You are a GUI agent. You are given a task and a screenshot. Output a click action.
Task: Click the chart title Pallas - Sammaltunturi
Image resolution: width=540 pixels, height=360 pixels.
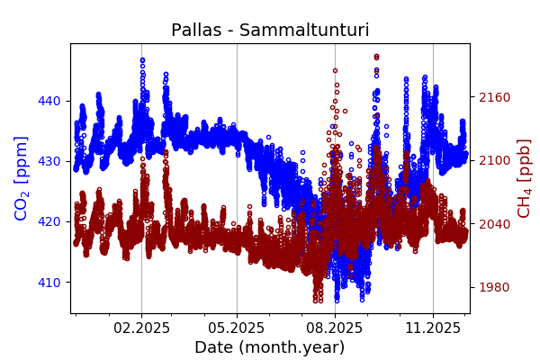270,31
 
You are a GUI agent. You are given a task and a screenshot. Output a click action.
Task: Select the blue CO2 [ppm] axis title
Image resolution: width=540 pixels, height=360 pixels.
22,178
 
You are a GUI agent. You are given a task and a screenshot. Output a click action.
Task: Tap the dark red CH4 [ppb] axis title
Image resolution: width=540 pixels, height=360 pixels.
524,178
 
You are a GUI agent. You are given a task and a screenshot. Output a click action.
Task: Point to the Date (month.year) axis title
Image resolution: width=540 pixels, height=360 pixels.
269,347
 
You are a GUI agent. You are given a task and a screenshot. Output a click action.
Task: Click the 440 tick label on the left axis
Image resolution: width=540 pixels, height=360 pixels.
49,101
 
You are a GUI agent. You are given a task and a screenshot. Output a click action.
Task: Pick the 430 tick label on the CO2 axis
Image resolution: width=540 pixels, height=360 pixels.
49,161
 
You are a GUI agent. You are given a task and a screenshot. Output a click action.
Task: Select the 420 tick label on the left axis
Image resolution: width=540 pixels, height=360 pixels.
49,221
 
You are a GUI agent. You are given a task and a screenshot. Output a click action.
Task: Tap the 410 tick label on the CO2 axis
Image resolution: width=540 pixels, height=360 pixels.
49,283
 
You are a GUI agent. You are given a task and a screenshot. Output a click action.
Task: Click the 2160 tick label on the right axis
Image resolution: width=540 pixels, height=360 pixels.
493,97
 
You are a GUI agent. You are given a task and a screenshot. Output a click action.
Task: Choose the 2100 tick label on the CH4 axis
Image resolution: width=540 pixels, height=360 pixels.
493,160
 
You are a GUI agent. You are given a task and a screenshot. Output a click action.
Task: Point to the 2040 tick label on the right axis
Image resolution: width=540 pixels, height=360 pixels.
493,224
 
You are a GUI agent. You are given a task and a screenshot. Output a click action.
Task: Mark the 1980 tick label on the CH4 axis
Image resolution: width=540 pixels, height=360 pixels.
493,287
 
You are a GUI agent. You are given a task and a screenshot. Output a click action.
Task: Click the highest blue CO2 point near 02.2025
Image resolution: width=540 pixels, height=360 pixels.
142,59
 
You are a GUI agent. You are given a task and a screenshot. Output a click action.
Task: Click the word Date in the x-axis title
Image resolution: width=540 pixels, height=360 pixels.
215,347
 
